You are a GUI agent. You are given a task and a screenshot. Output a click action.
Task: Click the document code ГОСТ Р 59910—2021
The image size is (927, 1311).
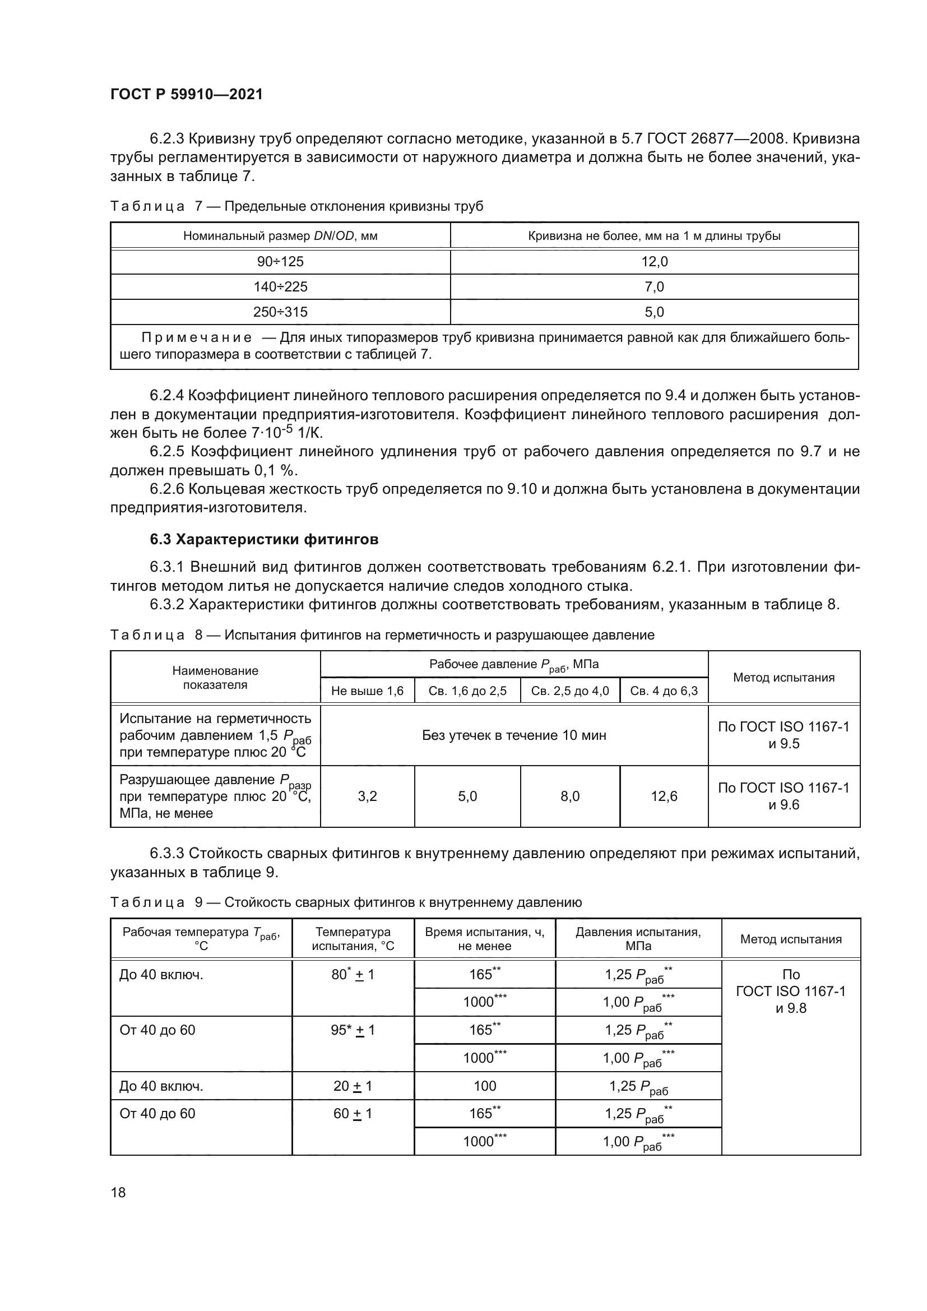186,94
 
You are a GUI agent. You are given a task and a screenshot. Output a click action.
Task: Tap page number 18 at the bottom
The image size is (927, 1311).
118,1192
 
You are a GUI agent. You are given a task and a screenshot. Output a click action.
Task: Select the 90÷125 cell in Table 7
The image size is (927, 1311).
280,262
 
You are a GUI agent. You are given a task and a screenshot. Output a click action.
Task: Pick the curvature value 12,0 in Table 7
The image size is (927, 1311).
653,262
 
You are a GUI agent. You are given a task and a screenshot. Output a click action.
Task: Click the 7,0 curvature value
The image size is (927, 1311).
653,286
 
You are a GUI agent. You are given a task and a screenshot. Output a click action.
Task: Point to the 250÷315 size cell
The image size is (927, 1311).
280,312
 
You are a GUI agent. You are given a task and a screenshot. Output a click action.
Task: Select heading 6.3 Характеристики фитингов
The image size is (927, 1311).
264,539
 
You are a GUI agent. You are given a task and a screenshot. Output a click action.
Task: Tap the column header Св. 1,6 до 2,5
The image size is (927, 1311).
467,691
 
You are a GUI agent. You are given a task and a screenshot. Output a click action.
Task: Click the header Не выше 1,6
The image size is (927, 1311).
367,691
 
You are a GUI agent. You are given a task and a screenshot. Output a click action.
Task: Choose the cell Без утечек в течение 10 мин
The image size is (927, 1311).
514,735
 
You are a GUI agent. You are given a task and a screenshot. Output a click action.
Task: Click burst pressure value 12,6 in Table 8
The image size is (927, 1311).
664,796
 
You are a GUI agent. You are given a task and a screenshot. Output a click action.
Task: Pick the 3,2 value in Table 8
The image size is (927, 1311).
367,796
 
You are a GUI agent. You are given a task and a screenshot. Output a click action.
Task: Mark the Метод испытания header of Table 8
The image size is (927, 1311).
783,677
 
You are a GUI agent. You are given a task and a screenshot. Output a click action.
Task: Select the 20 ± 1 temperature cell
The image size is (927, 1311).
353,1086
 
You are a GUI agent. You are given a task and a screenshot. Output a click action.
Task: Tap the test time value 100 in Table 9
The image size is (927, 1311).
485,1086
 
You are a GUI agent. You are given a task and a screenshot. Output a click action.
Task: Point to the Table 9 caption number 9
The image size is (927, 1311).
198,902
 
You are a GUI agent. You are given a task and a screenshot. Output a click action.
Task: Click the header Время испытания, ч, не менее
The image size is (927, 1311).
485,939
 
